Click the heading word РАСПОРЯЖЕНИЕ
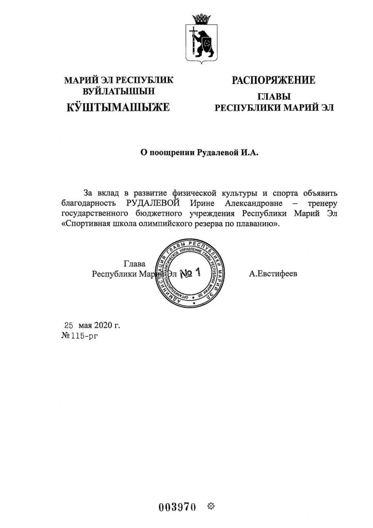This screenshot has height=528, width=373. point(273,80)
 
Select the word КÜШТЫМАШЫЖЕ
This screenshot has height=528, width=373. point(118,107)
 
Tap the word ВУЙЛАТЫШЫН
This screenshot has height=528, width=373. point(119,91)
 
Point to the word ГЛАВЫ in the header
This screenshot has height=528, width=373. point(273,96)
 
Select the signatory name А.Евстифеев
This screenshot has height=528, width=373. point(273,274)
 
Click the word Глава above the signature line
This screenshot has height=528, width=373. point(135,263)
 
